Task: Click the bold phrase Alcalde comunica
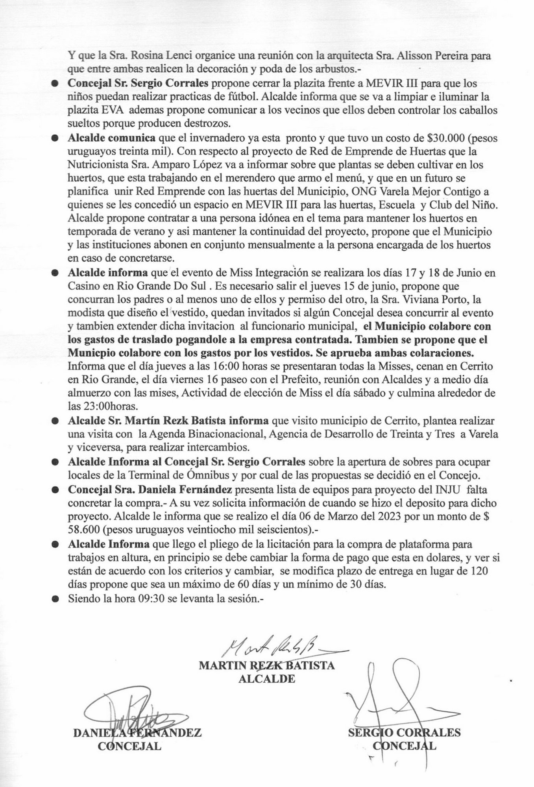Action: (x=113, y=138)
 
